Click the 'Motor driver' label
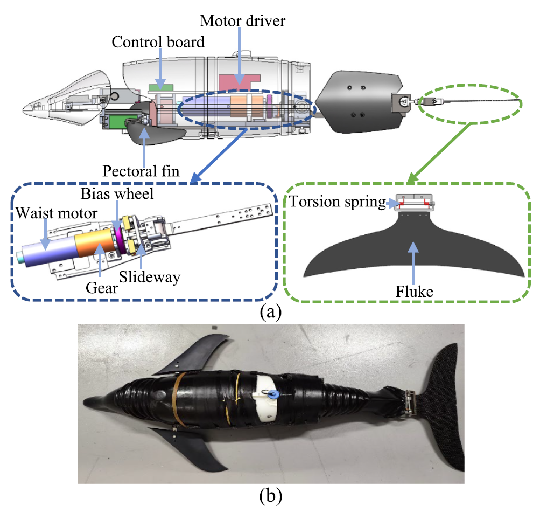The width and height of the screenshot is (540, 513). click(x=243, y=21)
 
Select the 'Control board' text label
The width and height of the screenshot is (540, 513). click(x=158, y=42)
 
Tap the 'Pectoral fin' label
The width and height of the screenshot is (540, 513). click(x=141, y=171)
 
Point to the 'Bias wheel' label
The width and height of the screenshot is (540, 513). click(x=117, y=194)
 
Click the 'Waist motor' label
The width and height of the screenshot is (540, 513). click(x=57, y=213)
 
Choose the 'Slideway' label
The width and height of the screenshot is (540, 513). click(x=150, y=277)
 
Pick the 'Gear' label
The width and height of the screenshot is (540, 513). click(x=102, y=288)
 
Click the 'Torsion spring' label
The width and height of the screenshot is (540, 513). click(x=338, y=202)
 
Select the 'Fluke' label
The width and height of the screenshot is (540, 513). click(x=415, y=292)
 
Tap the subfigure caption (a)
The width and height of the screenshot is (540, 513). click(x=271, y=312)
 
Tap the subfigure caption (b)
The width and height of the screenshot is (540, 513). click(x=271, y=496)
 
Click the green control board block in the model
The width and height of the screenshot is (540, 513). click(x=161, y=88)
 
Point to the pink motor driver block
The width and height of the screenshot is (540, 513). click(x=239, y=82)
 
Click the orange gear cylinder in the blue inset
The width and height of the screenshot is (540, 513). click(x=94, y=244)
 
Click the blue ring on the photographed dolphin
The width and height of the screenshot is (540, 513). click(x=274, y=394)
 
